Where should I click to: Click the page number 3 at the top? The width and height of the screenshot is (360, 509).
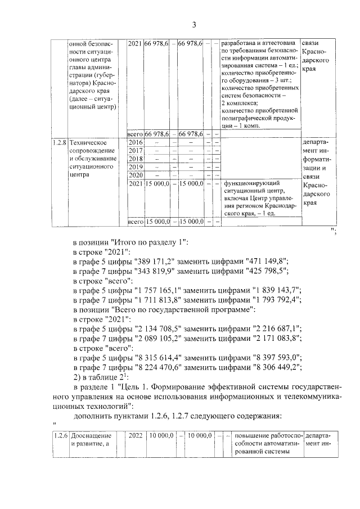click(193, 24)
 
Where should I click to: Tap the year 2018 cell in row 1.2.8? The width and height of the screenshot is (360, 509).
click(136, 159)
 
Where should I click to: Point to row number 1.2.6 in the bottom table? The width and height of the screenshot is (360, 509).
click(58, 435)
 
